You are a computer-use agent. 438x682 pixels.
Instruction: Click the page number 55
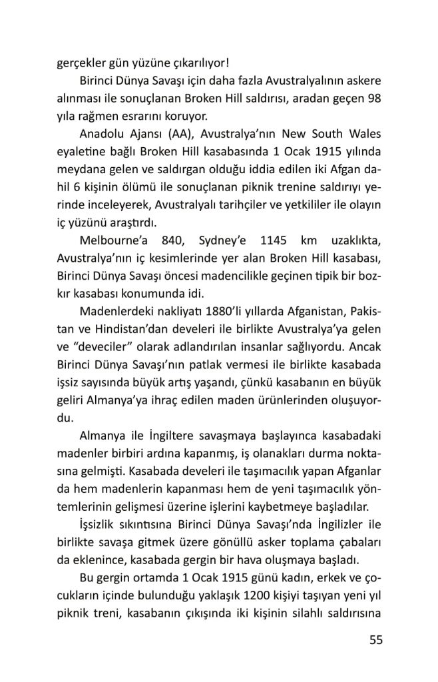pos(375,641)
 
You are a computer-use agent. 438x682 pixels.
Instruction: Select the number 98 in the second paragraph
pos(374,98)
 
